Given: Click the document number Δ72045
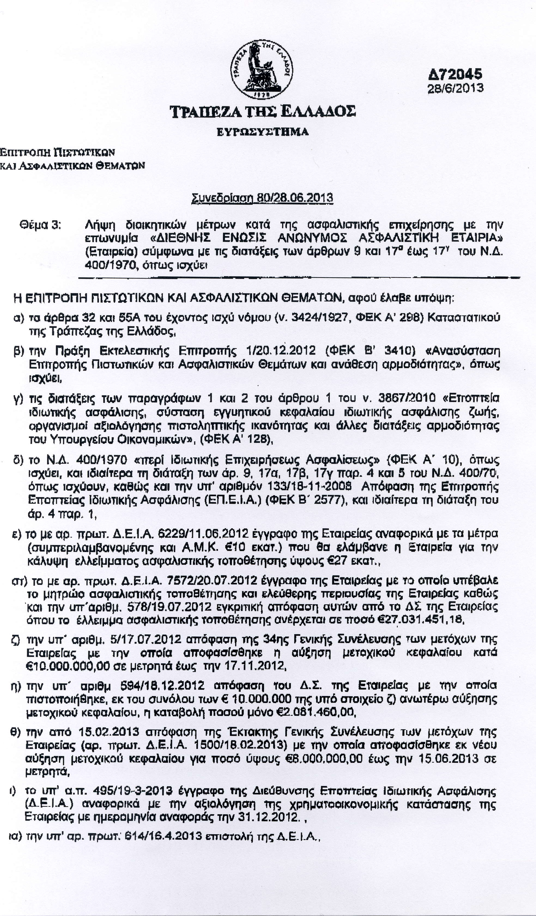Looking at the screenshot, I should (455, 74).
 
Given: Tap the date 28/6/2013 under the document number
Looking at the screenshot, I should (455, 88).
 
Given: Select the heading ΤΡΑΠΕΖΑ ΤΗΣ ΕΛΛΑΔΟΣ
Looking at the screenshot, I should (263, 112).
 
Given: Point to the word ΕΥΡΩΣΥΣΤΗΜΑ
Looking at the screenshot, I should (263, 132).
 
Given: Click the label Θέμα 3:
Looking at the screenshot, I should (40, 225).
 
